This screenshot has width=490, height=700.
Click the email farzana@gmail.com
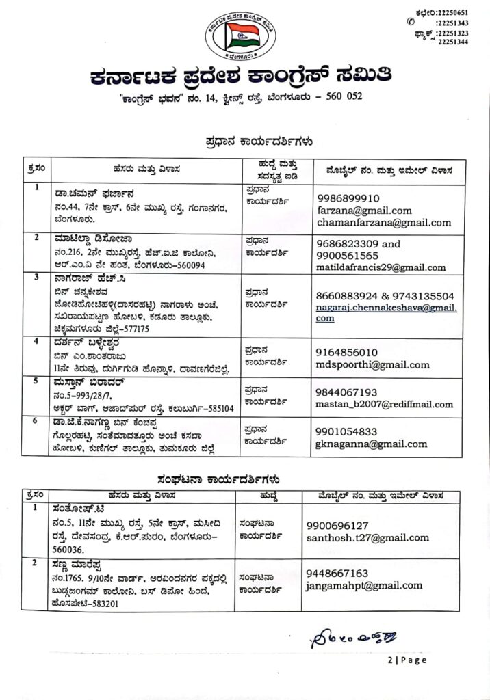coord(364,211)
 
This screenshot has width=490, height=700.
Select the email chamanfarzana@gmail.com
coord(384,222)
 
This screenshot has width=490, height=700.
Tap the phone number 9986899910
coord(348,198)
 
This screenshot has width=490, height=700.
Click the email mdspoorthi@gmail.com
coord(373,364)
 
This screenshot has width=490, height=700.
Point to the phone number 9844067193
coord(347,392)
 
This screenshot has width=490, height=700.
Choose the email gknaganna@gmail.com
coord(371,444)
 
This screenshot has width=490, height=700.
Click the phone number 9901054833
coord(347,431)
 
